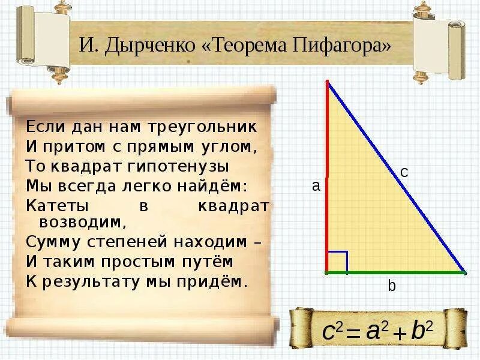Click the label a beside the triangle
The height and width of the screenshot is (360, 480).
click(x=316, y=187)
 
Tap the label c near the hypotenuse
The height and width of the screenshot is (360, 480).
click(x=404, y=172)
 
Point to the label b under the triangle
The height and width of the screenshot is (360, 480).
click(x=391, y=287)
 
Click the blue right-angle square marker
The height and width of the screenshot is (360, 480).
click(x=338, y=262)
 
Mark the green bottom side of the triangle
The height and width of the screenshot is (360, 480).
click(x=396, y=272)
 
